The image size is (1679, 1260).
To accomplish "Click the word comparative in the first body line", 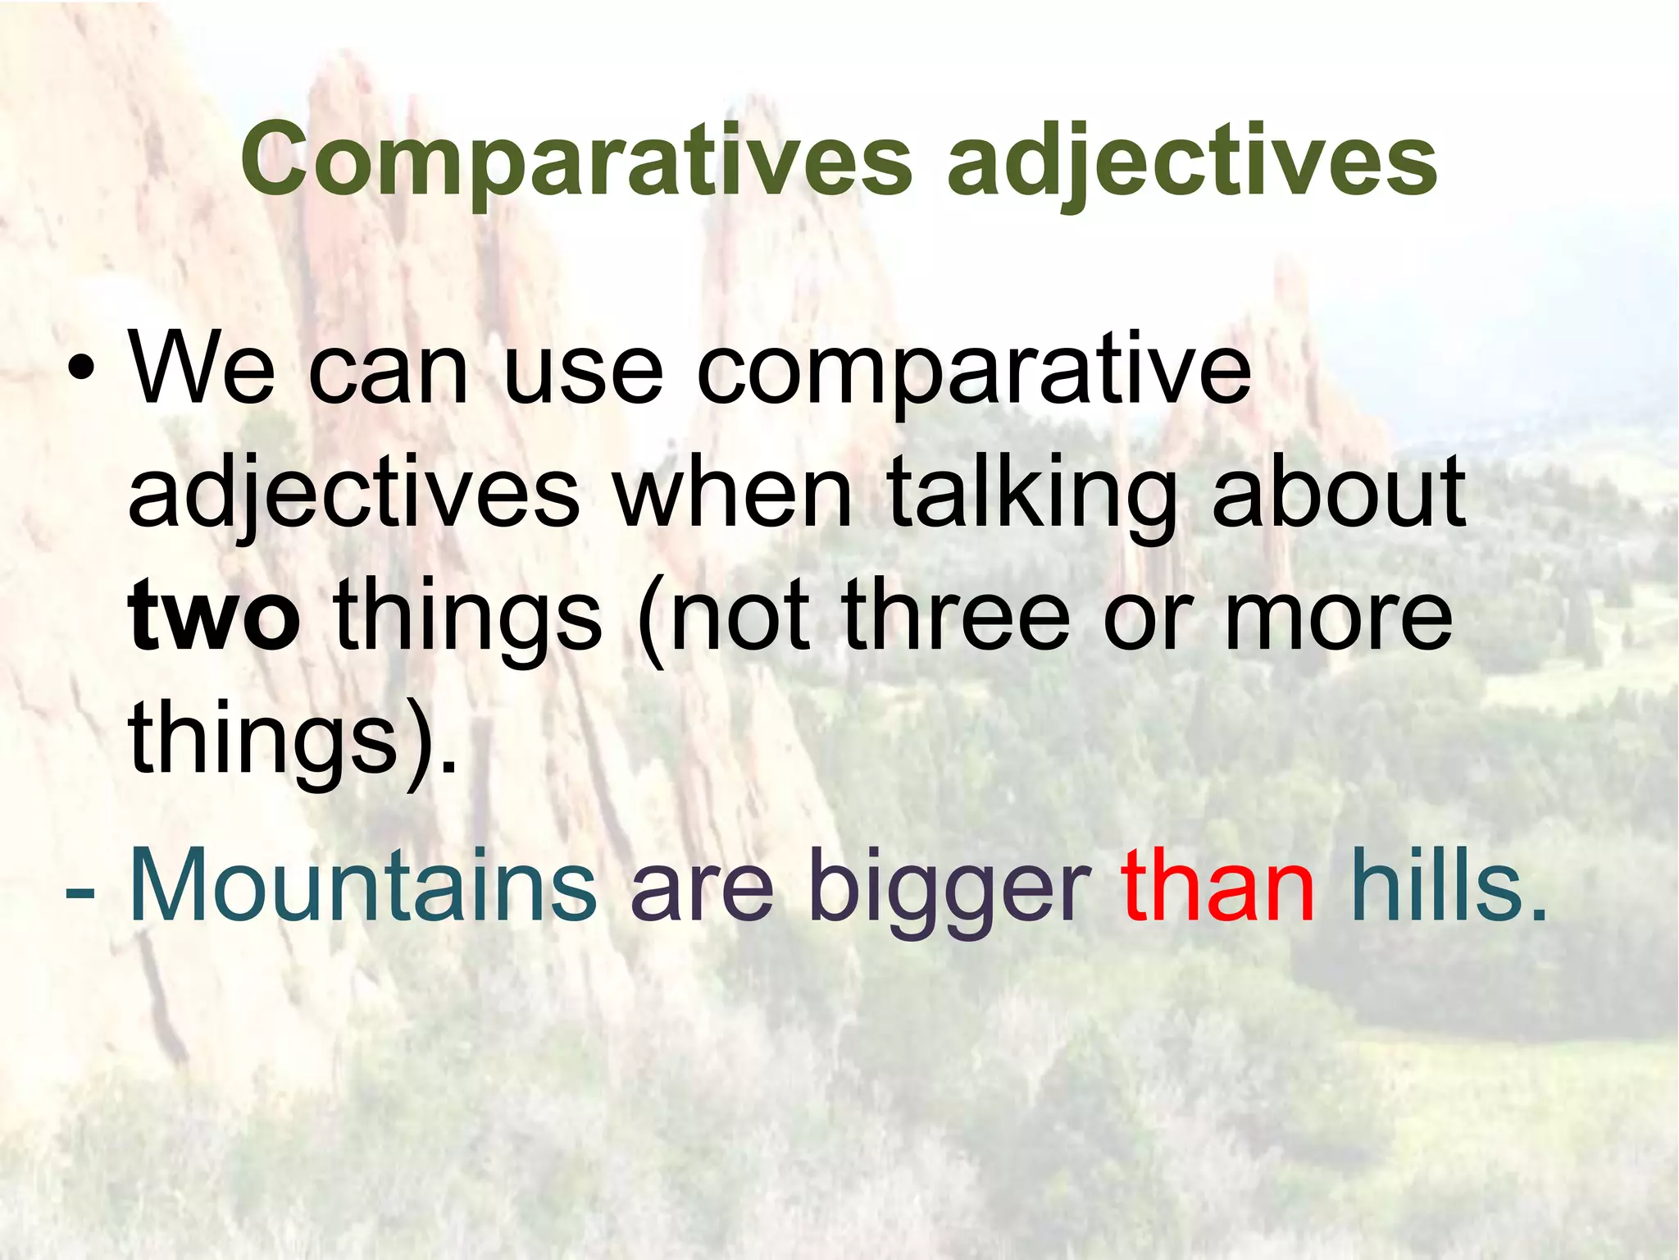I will click(973, 373).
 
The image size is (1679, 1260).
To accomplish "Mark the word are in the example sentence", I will click(702, 890).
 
